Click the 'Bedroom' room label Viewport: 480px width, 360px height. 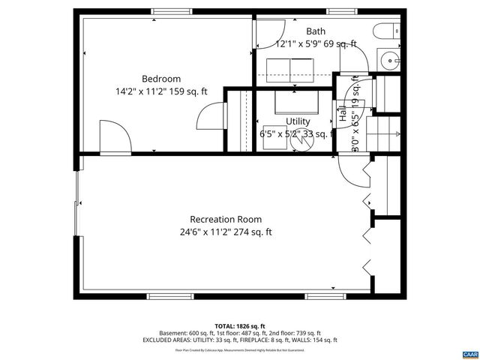161,79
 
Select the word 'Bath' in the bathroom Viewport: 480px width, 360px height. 316,31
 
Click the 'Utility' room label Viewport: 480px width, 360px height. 298,121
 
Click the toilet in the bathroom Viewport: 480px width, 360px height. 382,33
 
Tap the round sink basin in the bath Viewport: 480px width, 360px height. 391,61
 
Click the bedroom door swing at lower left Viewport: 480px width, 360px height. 112,137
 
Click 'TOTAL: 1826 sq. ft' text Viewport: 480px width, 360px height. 240,325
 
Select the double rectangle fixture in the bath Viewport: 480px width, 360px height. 290,68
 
